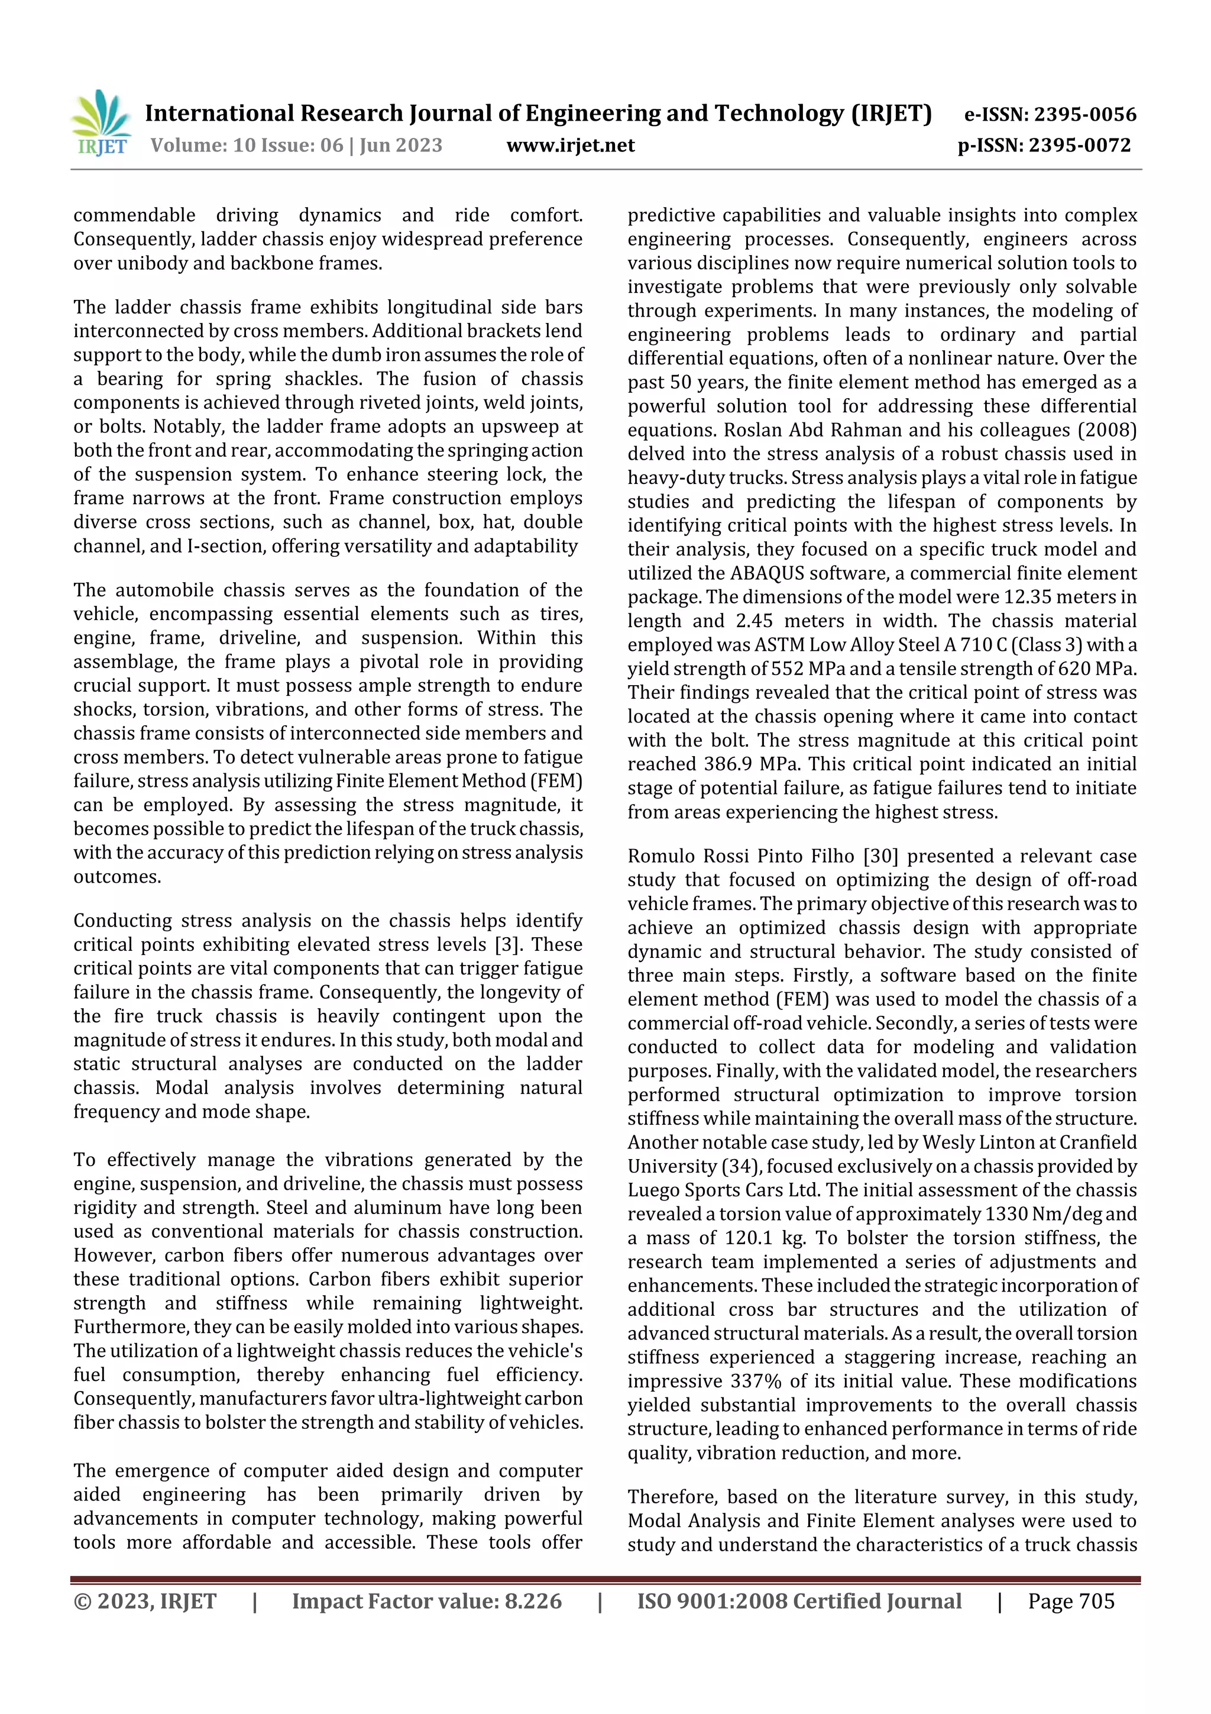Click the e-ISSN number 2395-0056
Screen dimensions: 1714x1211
pyautogui.click(x=1085, y=115)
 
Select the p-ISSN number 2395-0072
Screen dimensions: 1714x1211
pyautogui.click(x=1080, y=146)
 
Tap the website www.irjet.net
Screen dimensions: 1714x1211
pyautogui.click(x=570, y=146)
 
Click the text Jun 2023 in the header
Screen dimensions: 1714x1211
pyautogui.click(x=401, y=146)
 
